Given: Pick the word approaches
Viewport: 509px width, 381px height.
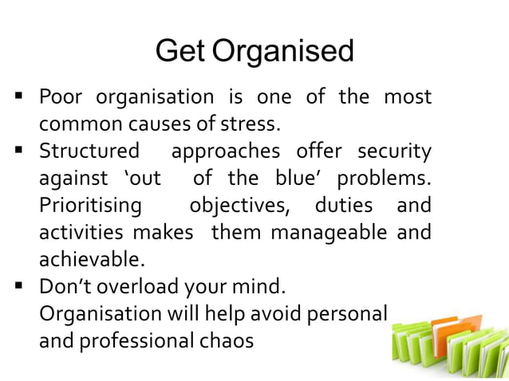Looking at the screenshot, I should click(226, 151).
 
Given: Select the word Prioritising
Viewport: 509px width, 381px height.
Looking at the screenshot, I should click(90, 205).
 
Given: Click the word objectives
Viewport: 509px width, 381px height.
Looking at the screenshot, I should click(240, 205).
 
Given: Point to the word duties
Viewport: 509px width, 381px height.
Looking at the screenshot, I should click(344, 205).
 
